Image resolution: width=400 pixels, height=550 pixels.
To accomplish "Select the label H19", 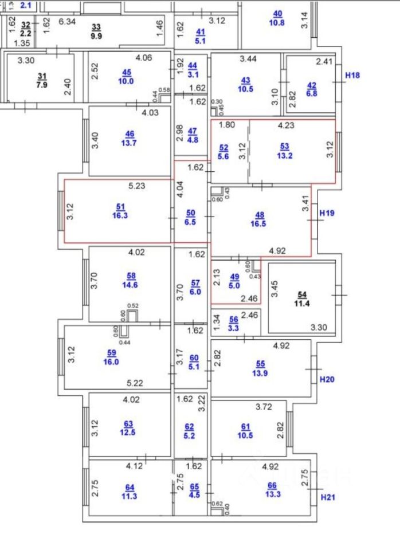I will tap(327, 213).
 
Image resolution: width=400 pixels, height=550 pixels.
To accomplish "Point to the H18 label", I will tap(352, 75).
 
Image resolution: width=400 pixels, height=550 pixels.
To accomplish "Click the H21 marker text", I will tap(327, 497).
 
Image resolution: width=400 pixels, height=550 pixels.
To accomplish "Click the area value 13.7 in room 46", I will tap(130, 143).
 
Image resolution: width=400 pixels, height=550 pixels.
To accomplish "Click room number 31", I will tap(41, 77).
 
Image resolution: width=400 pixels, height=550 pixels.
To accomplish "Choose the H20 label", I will tap(327, 379).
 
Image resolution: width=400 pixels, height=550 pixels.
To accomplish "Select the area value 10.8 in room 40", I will tap(277, 23).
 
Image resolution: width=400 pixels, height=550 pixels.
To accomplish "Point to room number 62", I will tap(190, 426).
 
